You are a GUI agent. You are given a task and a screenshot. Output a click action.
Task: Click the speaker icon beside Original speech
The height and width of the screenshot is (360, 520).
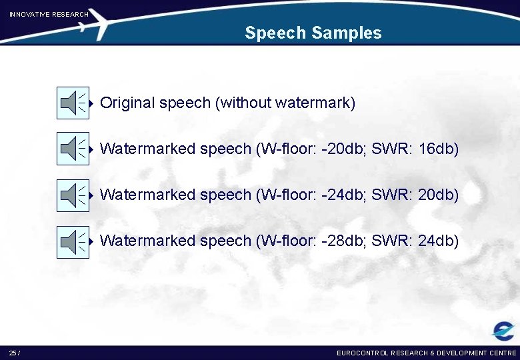pos(73,103)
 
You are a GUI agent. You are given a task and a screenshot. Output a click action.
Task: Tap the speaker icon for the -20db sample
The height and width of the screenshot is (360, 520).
pos(73,149)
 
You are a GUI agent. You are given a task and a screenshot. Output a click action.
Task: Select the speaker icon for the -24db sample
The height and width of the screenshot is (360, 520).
pos(73,195)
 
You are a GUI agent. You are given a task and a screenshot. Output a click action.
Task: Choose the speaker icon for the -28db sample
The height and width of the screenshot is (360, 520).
pos(73,241)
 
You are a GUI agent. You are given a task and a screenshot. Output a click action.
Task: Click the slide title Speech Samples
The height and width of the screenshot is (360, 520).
pos(313,33)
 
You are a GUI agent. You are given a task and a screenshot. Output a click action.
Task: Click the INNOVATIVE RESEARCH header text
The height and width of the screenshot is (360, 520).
pos(49,14)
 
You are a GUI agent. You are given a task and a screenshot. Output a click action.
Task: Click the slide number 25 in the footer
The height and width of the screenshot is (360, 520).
pos(13,353)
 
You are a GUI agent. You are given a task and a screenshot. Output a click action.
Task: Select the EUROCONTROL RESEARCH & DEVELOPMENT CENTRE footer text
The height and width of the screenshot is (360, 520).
pos(427,353)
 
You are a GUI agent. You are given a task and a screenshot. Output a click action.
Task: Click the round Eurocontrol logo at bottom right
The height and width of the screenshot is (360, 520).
pos(503,331)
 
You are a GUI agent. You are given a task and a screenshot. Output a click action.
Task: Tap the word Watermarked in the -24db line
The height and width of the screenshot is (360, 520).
pos(147,195)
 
